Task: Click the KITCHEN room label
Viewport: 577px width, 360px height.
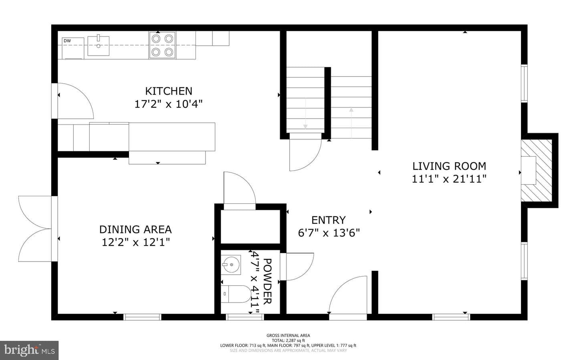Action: click(x=168, y=91)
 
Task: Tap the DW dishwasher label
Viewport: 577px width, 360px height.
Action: click(x=67, y=41)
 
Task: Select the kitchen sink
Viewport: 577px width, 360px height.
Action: click(x=99, y=46)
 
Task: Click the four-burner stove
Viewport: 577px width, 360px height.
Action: click(x=162, y=45)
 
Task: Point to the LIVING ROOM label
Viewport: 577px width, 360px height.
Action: click(x=449, y=166)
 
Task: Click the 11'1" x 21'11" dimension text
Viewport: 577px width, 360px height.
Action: click(x=449, y=179)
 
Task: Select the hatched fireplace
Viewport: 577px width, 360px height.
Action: click(x=537, y=171)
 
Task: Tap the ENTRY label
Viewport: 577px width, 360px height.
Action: click(x=329, y=220)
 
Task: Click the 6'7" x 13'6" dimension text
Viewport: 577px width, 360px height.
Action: click(x=329, y=233)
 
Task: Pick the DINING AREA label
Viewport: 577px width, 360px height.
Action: click(x=135, y=229)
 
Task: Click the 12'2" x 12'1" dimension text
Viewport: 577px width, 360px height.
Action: click(x=136, y=242)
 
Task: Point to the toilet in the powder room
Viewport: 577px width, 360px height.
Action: click(x=236, y=294)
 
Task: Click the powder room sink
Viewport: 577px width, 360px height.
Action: click(x=231, y=265)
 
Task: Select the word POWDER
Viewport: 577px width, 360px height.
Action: click(x=267, y=282)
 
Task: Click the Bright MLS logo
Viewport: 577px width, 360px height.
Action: click(x=29, y=350)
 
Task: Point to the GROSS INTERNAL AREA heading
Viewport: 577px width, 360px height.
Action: click(x=288, y=335)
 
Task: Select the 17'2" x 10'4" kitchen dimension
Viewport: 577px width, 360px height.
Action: click(x=168, y=104)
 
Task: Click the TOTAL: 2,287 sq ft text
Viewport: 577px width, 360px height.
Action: click(x=288, y=340)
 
